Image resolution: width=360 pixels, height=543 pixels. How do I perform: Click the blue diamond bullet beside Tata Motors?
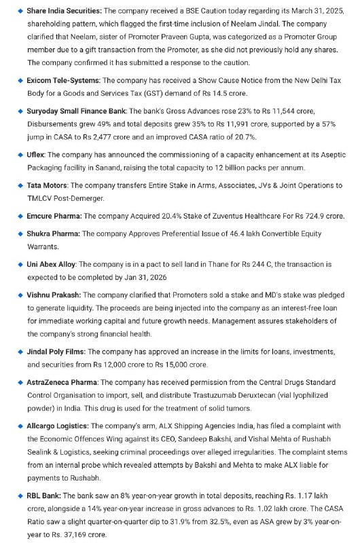(20, 185)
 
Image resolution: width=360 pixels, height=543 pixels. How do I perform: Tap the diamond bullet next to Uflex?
(20, 155)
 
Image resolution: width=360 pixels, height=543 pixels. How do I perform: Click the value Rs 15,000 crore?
(178, 364)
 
